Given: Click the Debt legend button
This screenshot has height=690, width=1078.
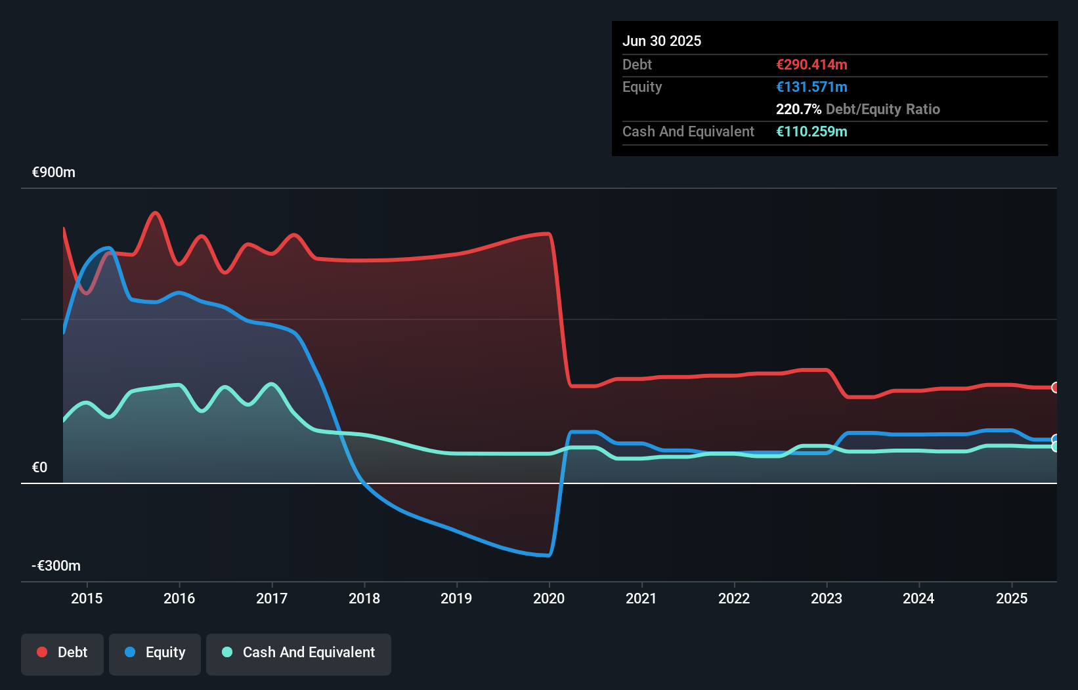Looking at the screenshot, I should coord(62,653).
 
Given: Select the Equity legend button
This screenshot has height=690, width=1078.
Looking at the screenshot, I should coord(155,653).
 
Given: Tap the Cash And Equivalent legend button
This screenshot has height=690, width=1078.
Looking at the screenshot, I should coord(299,653).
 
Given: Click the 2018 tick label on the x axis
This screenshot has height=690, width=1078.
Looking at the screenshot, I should coord(364,598).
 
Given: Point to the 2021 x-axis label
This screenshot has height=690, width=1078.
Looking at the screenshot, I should coord(641,598).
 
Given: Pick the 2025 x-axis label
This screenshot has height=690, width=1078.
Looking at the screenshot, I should coord(1011,598).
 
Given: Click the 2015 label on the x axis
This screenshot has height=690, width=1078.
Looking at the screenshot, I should coord(87,598).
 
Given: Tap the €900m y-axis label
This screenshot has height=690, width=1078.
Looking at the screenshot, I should coord(54,172).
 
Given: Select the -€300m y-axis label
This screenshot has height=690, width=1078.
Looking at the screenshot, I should coord(56,565).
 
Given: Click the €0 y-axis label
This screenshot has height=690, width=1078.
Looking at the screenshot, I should coord(39,467).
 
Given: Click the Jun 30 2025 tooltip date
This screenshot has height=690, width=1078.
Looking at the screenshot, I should coord(662,41).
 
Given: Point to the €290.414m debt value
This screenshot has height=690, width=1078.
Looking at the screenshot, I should coord(811,64).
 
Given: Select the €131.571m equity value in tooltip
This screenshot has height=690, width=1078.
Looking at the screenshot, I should coord(811,87).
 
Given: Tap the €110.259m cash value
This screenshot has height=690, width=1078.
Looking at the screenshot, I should coord(811,131).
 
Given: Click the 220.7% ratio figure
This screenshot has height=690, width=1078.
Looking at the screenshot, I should coord(798,109).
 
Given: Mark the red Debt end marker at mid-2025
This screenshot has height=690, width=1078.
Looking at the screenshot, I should coord(1055,388).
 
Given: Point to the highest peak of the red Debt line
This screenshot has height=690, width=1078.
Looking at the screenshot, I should coord(155,213).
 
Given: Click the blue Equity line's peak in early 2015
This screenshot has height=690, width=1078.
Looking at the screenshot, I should coord(109,248).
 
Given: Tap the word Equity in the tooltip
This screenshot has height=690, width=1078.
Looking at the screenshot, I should coord(642,87).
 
